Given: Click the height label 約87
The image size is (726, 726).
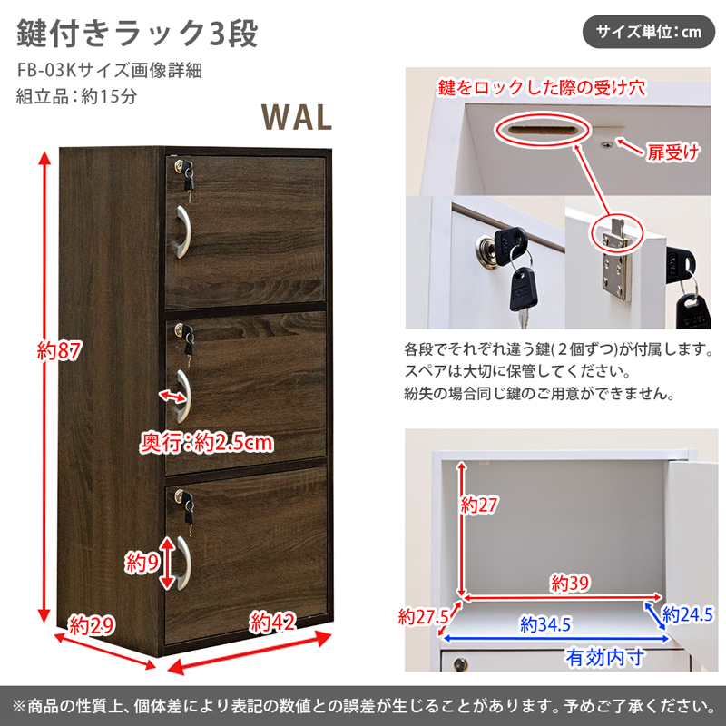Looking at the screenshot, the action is pos(59,350).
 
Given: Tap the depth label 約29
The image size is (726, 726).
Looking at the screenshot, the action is pos(92,626).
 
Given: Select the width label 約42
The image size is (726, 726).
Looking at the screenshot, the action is pos(272,622).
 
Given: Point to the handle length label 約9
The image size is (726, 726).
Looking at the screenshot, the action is pos(142,563).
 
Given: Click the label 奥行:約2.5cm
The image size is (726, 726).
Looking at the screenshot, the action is pos(207,443).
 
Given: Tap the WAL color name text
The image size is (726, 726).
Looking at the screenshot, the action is pos(297,117).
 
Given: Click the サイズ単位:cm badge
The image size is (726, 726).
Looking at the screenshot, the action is pos(648,32).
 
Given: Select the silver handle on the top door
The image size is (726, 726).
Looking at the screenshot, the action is pos(183,231).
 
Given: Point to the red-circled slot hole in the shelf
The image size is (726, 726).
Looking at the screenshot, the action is pos(542,129).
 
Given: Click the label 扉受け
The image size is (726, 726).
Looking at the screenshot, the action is pos(672,152).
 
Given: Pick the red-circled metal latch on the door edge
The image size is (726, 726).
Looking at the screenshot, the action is pos(615,234).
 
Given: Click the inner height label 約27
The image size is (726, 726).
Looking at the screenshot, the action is pos(478,505).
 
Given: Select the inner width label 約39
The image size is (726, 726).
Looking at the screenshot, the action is pos(570,583).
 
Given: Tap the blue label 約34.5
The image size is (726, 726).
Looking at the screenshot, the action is pos(545,624).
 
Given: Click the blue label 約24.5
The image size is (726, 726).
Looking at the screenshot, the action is pos(688,614).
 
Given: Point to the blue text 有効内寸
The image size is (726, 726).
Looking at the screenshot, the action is pos(605,657).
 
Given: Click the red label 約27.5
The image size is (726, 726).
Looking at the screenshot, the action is pos(424,616).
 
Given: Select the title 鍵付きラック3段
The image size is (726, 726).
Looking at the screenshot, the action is pos(137,34).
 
